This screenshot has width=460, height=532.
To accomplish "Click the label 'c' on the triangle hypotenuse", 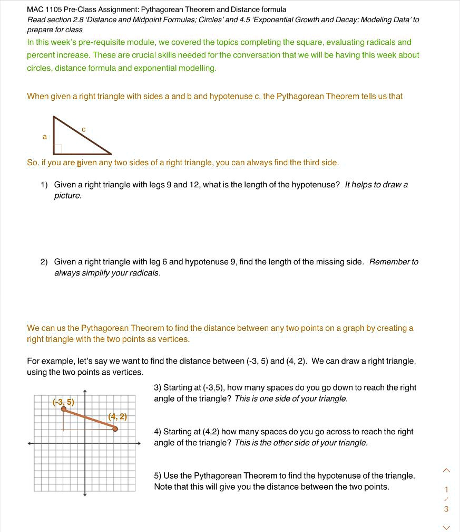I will tap(83, 129).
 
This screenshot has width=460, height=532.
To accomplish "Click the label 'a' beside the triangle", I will tap(45, 137).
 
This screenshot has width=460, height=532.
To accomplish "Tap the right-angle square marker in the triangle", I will tap(58, 149).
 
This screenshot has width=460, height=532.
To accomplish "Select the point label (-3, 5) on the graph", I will tap(63, 402).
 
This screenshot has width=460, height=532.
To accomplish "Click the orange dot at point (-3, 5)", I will tap(64, 409).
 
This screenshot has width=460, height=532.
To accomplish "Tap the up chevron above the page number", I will tap(446, 470).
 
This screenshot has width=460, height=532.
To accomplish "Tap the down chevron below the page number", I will tap(446, 527).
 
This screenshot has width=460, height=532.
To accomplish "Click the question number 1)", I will tap(44, 185).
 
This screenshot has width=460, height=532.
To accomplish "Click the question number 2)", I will tap(44, 262).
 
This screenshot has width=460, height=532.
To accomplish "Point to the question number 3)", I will tap(158, 387).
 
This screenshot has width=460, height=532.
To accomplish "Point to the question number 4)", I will tap(158, 432).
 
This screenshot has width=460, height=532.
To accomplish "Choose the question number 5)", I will tap(158, 476).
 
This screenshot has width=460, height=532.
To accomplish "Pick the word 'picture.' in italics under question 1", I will tap(68, 196).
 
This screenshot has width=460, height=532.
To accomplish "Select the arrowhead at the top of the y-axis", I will tap(85, 391).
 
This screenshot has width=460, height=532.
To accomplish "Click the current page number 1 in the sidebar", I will tap(446, 489).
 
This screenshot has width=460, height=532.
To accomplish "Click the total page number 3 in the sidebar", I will tap(446, 509).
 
